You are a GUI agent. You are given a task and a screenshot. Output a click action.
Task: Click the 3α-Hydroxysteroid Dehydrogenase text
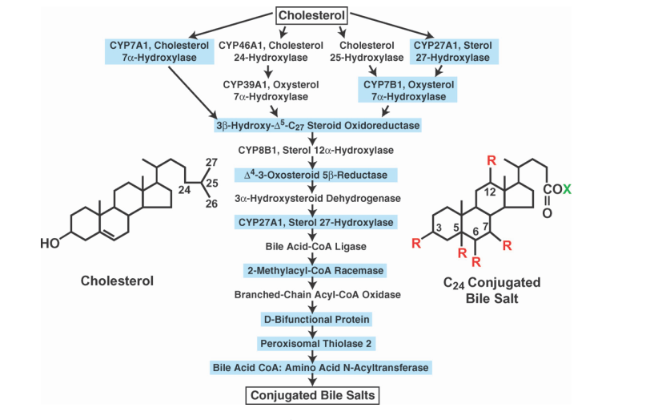319,197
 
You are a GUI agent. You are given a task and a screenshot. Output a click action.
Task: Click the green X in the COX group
568,190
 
